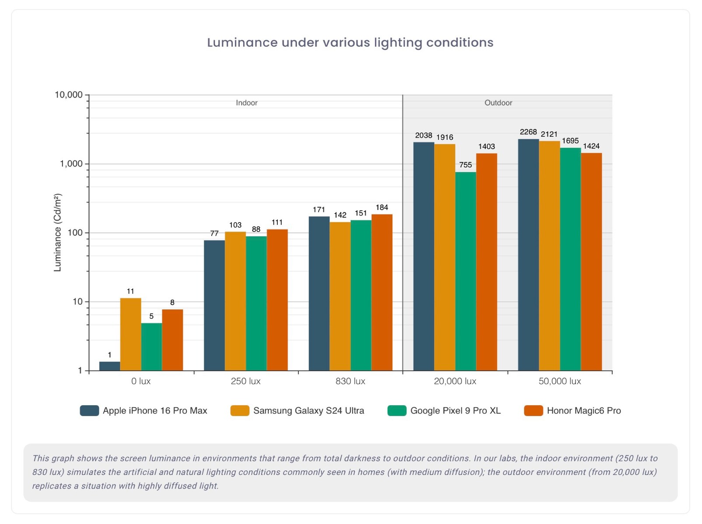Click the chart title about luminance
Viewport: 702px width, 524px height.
tap(350, 42)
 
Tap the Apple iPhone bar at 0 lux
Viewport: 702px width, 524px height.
tap(110, 366)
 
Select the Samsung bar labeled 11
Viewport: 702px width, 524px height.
tap(131, 334)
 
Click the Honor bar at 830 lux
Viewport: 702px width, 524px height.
tap(382, 293)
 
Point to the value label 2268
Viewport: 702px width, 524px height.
tap(528, 132)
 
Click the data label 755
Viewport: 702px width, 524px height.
tap(465, 165)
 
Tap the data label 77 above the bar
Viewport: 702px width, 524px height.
tap(214, 233)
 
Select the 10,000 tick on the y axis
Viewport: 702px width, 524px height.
tap(69, 95)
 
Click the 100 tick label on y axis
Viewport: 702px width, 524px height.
tap(75, 233)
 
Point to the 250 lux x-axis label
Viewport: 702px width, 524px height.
tap(245, 381)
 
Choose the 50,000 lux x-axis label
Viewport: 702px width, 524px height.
tap(559, 381)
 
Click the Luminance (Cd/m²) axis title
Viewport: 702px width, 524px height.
tap(58, 232)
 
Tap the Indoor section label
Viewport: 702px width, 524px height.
tap(247, 103)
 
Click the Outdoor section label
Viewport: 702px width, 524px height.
tap(498, 103)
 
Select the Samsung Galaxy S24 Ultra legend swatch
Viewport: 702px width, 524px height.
tap(240, 410)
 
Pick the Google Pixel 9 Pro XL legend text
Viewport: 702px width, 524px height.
tap(455, 410)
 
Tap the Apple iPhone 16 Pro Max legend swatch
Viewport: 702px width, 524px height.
tap(89, 410)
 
